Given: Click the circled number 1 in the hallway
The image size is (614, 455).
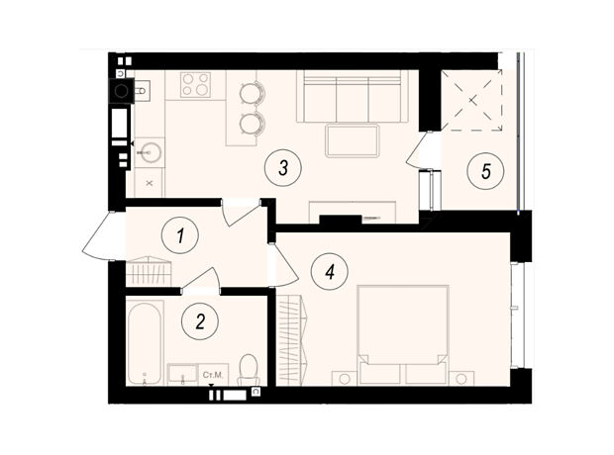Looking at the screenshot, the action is (x=180, y=236).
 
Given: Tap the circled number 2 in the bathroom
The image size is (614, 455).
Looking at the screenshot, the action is (x=200, y=322).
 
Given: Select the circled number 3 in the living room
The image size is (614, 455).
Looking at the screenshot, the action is (x=283, y=168).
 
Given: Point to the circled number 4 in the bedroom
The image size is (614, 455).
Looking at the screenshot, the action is (x=330, y=271).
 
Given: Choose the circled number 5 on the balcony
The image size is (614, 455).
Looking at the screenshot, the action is (x=486, y=171).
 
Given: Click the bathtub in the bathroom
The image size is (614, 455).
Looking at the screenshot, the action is (x=145, y=343).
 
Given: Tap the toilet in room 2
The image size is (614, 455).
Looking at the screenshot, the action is (x=248, y=370).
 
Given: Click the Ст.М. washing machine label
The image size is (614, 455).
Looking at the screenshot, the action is (x=213, y=375).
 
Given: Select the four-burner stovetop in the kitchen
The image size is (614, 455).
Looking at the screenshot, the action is (x=195, y=84).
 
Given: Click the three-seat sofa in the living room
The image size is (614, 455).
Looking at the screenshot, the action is (x=353, y=97).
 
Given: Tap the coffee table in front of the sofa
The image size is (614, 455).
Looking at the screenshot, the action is (x=353, y=140).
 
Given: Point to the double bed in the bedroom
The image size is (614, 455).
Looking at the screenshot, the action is (x=403, y=334).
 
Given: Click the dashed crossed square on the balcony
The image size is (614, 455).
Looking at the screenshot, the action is (x=471, y=100).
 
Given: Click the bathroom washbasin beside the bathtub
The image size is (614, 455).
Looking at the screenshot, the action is (x=182, y=374).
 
